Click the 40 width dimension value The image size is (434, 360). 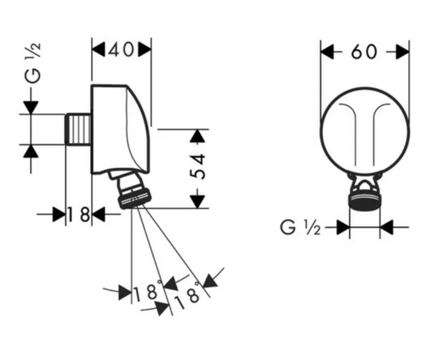pos(121,50)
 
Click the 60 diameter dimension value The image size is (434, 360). pos(364,52)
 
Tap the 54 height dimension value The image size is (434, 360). pos(198,166)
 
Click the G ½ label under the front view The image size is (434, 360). pos(300,228)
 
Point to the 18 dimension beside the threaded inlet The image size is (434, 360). pos(79,214)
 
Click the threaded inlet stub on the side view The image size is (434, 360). pos(78,129)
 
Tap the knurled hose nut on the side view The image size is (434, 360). pos(135,198)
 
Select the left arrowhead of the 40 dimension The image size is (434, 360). pos(98,50)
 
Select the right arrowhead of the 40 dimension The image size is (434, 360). pos(145,50)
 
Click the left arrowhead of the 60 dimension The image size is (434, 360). pos(327,52)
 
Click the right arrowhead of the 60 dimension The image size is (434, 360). pos(402,52)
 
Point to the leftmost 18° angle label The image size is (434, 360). pos(148,291)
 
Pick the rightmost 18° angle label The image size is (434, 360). pos(188,296)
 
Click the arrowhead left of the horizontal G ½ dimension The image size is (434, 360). pos(343,228)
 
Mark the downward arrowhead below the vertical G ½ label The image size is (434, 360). pos(31,107)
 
